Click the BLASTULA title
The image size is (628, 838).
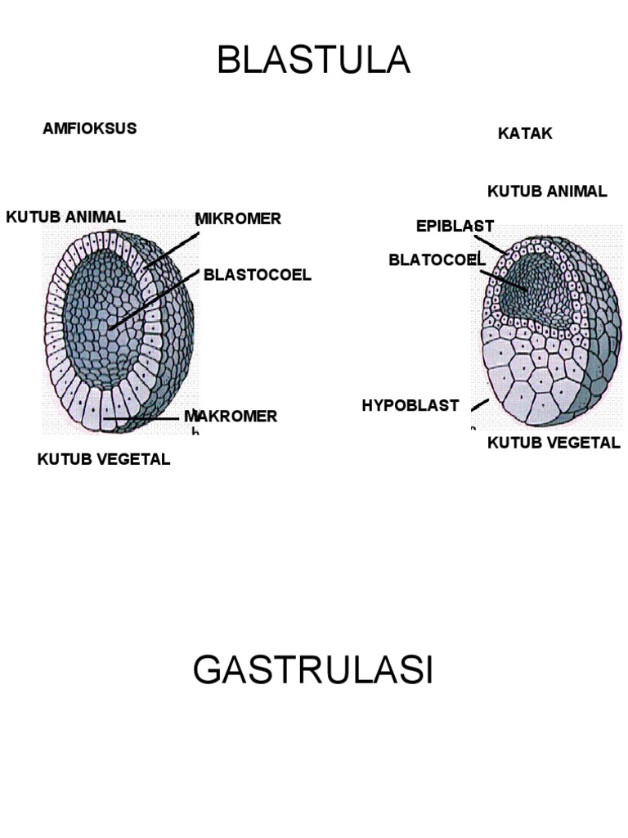313,61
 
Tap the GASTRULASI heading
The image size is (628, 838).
313,671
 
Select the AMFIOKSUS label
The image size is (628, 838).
89,128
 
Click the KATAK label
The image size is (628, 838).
525,133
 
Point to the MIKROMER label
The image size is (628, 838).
238,219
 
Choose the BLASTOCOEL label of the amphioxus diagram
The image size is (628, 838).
257,274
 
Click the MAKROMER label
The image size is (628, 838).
231,417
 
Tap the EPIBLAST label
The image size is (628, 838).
455,227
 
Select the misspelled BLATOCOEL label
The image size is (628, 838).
437,260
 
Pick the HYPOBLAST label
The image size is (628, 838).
410,405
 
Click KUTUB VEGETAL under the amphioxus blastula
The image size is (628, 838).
104,459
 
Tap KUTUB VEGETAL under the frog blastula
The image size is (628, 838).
554,444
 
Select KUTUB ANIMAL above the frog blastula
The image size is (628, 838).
547,191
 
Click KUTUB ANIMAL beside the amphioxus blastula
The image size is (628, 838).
65,217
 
